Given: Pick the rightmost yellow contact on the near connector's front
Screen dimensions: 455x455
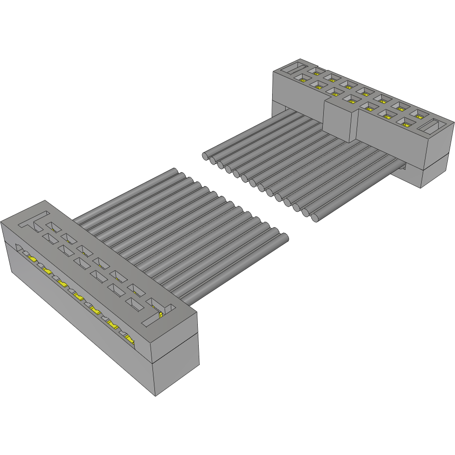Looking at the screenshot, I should point(129,339).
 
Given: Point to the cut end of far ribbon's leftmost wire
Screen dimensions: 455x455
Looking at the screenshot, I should point(205,156).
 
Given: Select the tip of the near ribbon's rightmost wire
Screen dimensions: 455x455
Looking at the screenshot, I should point(285,237).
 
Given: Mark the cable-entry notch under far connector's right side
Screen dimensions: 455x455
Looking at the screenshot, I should point(402,166).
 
